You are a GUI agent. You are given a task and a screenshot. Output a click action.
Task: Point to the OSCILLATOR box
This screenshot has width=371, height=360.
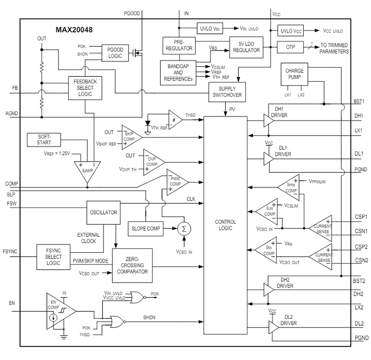(x=103, y=212)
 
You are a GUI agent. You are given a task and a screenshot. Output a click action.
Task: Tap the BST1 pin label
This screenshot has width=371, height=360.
(x=358, y=101)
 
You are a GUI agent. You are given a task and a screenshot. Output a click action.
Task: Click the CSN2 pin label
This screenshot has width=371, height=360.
(x=360, y=261)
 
